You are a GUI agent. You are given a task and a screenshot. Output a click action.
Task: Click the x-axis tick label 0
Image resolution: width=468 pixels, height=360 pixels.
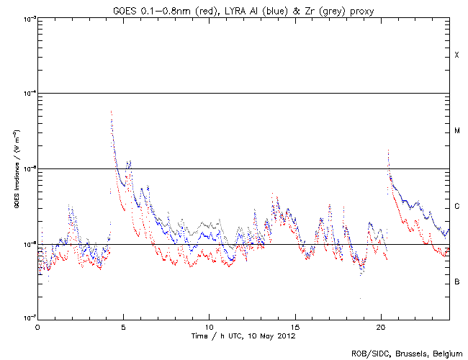coord(37,326)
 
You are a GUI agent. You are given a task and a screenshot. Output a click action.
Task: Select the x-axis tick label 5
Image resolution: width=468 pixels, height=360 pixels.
coord(123,326)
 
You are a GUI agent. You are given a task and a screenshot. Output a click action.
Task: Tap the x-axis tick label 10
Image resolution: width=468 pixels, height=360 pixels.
coord(209,326)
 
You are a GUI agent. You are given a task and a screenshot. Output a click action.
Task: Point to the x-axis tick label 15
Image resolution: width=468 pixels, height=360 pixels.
coord(294,326)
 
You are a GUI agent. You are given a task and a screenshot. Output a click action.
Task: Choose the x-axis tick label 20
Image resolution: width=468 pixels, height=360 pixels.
coord(380,326)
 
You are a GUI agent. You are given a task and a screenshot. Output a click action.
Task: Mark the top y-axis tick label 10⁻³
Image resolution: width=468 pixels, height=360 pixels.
coord(27,18)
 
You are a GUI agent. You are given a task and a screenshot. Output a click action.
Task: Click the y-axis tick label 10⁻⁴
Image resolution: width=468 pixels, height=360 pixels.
coord(27,94)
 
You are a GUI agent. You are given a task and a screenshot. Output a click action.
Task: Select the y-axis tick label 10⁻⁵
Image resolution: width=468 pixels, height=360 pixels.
coord(27,168)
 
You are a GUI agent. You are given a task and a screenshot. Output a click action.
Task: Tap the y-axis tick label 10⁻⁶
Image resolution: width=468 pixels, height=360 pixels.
coord(27,244)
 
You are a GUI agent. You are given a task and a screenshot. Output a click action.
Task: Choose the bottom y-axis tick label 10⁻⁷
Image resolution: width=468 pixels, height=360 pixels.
coord(27,318)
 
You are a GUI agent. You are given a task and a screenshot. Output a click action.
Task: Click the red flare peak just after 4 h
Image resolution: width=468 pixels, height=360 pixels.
coord(111,112)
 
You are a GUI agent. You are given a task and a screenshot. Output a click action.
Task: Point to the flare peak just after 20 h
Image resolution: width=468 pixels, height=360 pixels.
coord(388,151)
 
